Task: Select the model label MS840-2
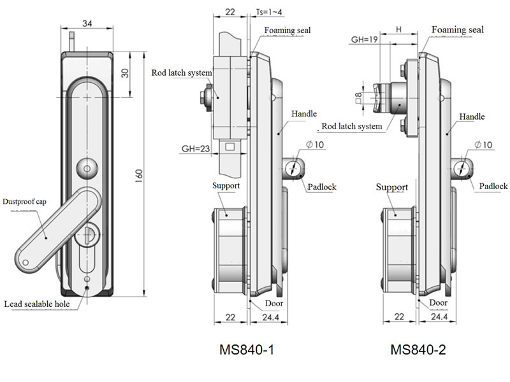[x=416, y=350]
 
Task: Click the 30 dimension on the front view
[x=125, y=73]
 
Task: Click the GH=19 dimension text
[x=365, y=39]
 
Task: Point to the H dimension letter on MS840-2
[x=398, y=29]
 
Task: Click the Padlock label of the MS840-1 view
[x=321, y=187]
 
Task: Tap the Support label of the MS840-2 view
[x=391, y=187]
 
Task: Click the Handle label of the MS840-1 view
[x=304, y=113]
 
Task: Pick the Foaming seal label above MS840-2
[x=457, y=30]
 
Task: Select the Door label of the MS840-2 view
[x=438, y=303]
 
